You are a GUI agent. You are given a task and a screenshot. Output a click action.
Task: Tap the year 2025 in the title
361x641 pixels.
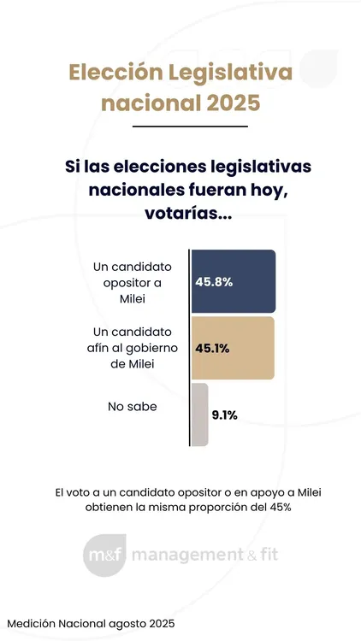tap(223, 103)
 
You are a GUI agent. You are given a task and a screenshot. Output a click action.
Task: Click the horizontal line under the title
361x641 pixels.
tap(180, 126)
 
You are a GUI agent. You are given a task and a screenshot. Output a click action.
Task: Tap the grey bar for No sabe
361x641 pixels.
tap(199, 415)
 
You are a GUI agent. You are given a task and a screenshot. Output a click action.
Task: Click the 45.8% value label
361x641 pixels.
tap(215, 281)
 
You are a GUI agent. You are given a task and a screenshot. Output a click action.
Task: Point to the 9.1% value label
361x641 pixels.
tap(225, 415)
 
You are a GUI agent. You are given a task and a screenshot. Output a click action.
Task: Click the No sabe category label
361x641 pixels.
tap(133, 408)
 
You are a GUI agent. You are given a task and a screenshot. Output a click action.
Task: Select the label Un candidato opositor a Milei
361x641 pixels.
tap(133, 281)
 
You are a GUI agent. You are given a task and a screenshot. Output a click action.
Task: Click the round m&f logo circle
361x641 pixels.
tap(105, 556)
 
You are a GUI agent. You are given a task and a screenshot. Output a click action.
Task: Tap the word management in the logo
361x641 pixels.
tap(186, 556)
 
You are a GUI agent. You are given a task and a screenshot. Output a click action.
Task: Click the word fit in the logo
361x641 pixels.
tap(267, 556)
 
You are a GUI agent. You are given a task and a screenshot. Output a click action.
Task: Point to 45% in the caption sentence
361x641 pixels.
tap(278, 507)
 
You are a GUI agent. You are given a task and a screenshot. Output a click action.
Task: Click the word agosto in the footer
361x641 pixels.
tap(121, 624)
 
